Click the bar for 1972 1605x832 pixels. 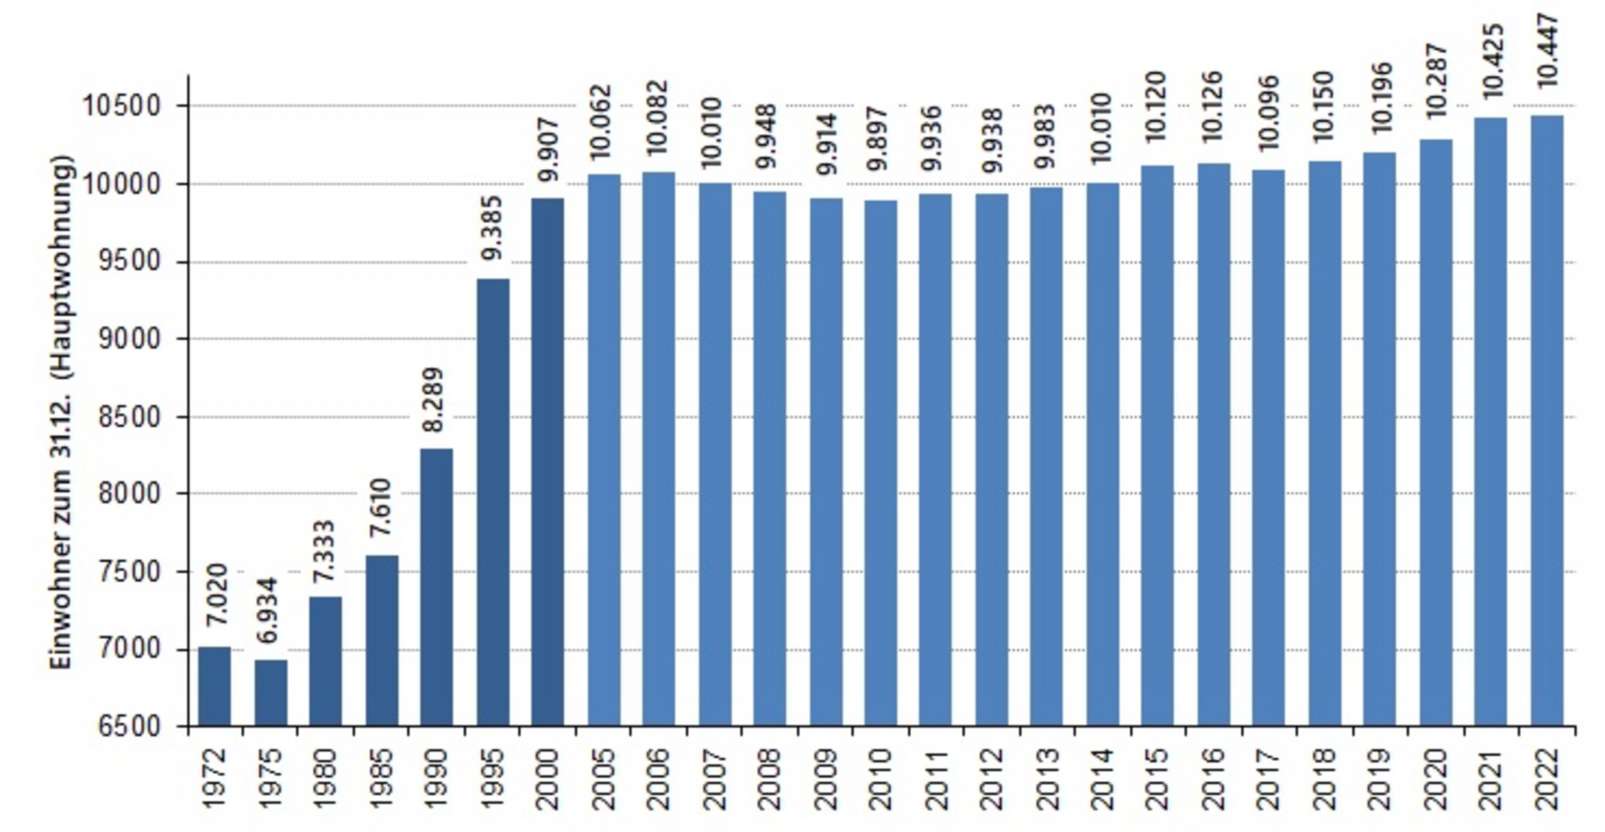tap(215, 686)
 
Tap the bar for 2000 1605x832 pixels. tap(548, 461)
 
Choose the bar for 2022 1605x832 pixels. tap(1547, 421)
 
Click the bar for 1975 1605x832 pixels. tap(271, 693)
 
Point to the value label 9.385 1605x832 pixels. tap(493, 227)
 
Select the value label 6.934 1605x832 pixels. tap(270, 611)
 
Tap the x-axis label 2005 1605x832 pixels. tap(603, 780)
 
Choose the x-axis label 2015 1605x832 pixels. tap(1158, 780)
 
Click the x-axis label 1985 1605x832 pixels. tap(381, 780)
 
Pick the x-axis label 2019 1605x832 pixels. tap(1380, 780)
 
